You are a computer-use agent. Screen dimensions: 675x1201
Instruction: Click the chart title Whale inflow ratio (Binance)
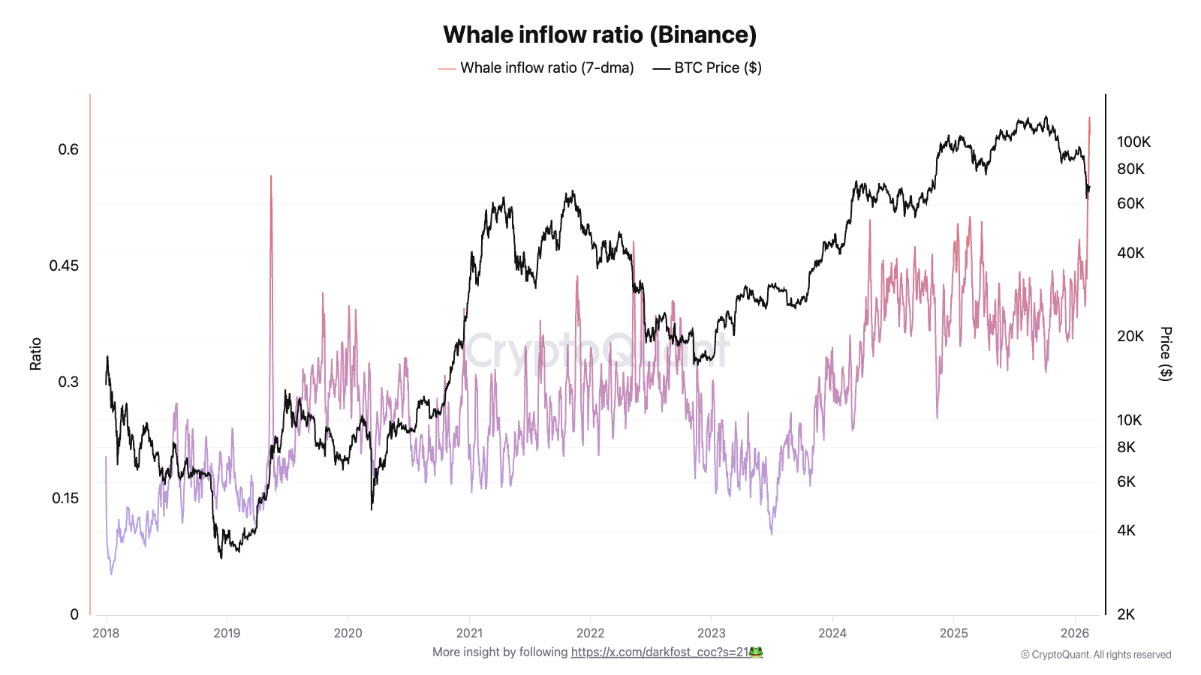click(x=600, y=34)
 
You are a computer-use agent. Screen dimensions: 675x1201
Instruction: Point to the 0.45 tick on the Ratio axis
click(x=64, y=265)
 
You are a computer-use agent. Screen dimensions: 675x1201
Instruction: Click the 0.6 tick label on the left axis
click(x=68, y=149)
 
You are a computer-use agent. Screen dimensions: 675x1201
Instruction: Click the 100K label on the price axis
click(x=1133, y=142)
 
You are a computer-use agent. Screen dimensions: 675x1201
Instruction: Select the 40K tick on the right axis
click(x=1130, y=253)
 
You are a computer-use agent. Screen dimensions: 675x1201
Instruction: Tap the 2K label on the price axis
click(x=1126, y=614)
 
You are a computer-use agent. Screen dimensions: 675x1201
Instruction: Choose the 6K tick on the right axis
click(x=1126, y=481)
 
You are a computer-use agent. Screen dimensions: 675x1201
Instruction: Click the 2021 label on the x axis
click(x=469, y=633)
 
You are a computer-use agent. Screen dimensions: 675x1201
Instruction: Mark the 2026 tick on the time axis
click(x=1075, y=633)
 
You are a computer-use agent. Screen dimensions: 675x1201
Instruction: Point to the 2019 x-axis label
click(x=227, y=633)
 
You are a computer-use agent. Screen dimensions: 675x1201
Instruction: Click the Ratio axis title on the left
click(x=35, y=354)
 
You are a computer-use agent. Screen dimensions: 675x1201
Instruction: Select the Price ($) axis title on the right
click(x=1165, y=354)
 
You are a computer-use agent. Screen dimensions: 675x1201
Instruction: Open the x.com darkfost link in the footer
click(x=660, y=652)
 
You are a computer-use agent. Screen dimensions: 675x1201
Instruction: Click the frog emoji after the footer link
click(x=756, y=652)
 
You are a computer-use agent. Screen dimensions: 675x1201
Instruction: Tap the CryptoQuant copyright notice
click(x=1095, y=655)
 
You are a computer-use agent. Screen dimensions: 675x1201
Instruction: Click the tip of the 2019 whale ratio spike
click(x=271, y=176)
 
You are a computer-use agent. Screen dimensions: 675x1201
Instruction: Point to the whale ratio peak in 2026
click(x=1089, y=118)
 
